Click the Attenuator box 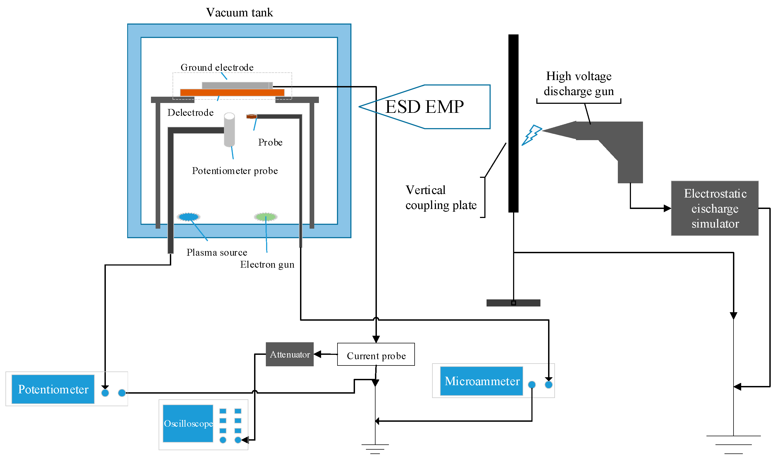click(290, 354)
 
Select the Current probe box click(376, 354)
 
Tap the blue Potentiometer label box click(53, 389)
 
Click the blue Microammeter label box click(481, 381)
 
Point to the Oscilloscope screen click(188, 423)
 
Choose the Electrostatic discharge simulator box click(714, 208)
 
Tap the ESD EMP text click(424, 107)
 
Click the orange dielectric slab click(232, 92)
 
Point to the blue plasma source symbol click(188, 217)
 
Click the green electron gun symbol click(266, 217)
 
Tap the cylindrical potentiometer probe click(229, 129)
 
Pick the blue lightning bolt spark click(532, 134)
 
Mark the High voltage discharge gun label click(578, 84)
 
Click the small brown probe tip click(251, 117)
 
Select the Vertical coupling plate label click(441, 197)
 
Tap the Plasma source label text click(217, 252)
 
